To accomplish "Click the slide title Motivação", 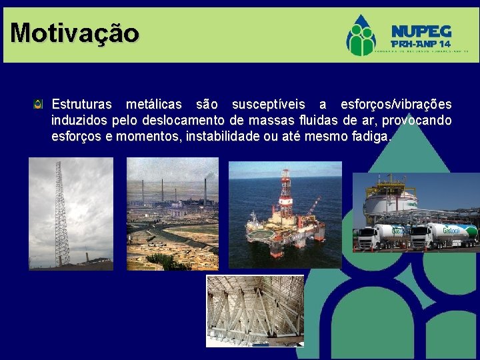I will [75, 32].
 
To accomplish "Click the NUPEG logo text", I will [421, 31].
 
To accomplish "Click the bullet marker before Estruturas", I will [39, 104].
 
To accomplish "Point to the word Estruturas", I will [83, 105].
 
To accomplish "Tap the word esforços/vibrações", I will [395, 105].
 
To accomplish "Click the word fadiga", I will [375, 137].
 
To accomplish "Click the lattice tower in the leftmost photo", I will [61, 213].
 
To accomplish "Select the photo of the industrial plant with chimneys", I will [172, 213].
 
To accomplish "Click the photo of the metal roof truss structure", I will [255, 311].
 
